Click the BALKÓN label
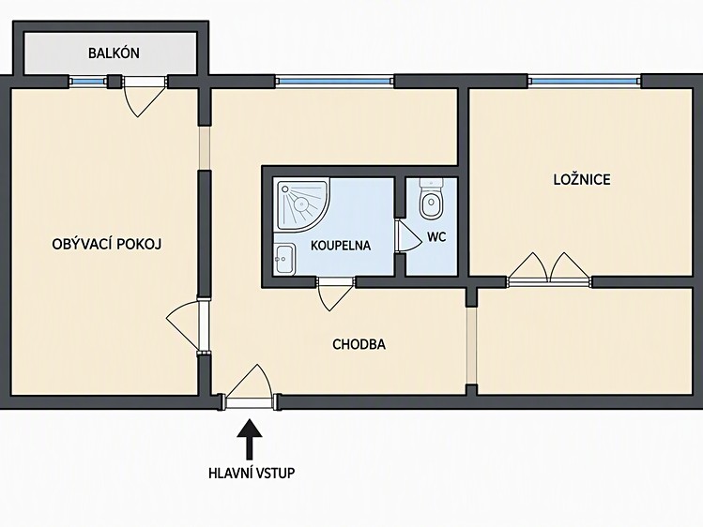pyautogui.click(x=114, y=53)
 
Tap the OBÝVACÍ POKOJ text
pyautogui.click(x=107, y=245)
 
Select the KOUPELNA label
pyautogui.click(x=341, y=246)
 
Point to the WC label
pyautogui.click(x=436, y=237)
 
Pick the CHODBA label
pyautogui.click(x=359, y=344)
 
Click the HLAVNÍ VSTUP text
pyautogui.click(x=252, y=473)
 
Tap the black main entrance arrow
pyautogui.click(x=250, y=439)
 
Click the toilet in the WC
pyautogui.click(x=432, y=200)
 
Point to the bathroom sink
pyautogui.click(x=284, y=259)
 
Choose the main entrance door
pyautogui.click(x=249, y=386)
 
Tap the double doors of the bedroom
pyautogui.click(x=549, y=269)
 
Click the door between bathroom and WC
pyautogui.click(x=409, y=236)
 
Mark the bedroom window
pyautogui.click(x=585, y=81)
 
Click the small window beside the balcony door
pyautogui.click(x=88, y=82)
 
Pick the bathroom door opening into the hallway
pyautogui.click(x=335, y=294)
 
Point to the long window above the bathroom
pyautogui.click(x=334, y=81)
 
